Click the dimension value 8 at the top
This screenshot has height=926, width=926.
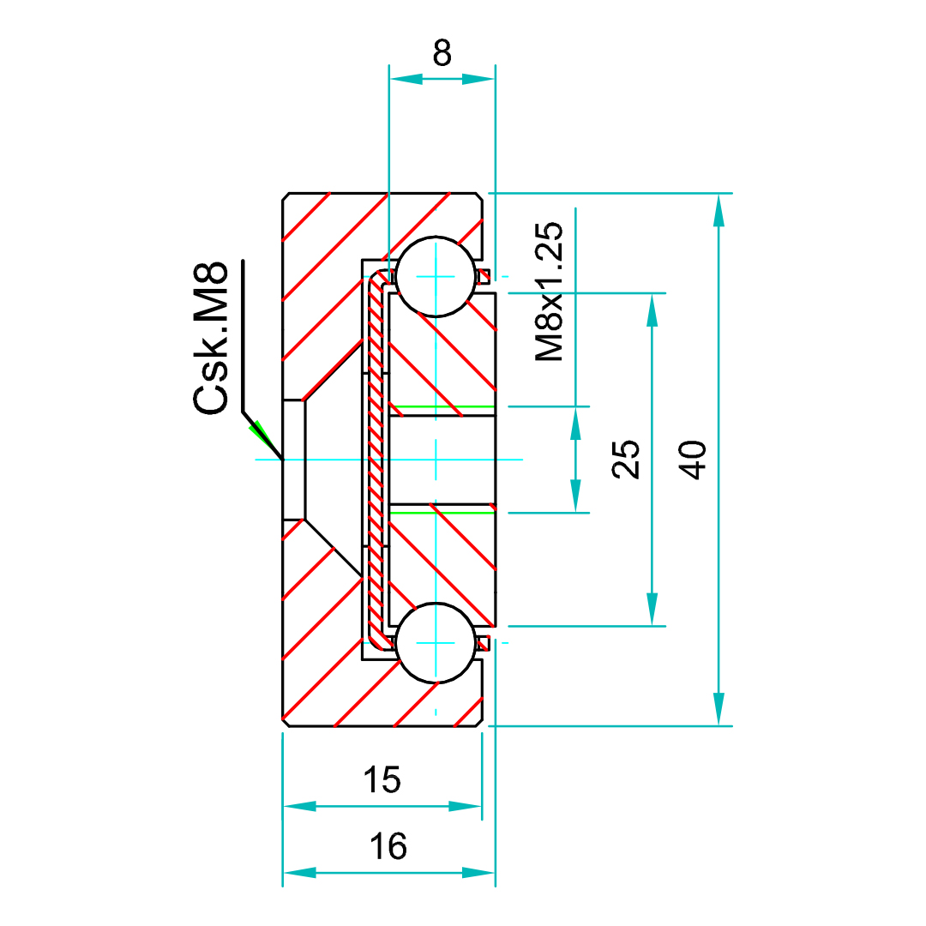[x=442, y=52]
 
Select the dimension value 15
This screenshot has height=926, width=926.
[x=382, y=779]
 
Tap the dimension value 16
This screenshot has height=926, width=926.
[x=388, y=845]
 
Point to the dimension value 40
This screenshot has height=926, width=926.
[x=692, y=460]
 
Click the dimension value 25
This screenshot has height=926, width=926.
[x=626, y=459]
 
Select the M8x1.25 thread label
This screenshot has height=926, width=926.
[x=550, y=292]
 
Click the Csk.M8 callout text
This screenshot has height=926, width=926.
[x=210, y=338]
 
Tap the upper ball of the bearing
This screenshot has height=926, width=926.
[x=436, y=276]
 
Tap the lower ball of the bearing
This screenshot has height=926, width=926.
[x=436, y=642]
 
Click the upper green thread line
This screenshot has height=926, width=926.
[x=442, y=407]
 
